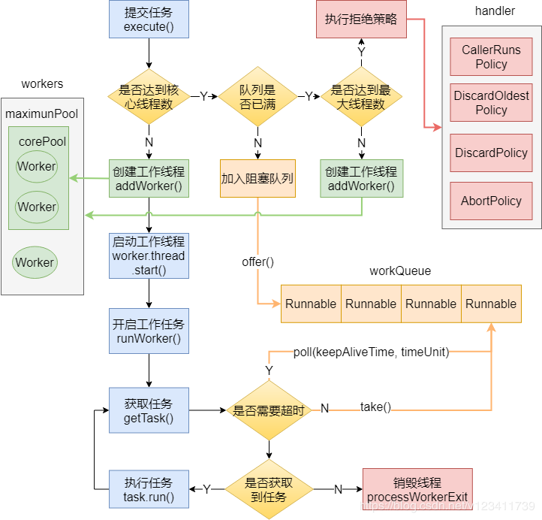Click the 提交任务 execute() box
(x=148, y=20)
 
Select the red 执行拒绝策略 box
(x=360, y=20)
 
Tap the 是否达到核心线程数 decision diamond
(x=148, y=97)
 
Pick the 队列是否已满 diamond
(x=257, y=97)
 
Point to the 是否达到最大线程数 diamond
(x=361, y=97)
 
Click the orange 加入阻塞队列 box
(x=257, y=179)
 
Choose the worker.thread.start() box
(x=148, y=255)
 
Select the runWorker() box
(x=148, y=331)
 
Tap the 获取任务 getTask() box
(x=148, y=411)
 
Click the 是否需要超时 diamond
(x=269, y=410)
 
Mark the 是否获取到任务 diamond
(x=269, y=489)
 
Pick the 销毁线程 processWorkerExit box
(x=417, y=489)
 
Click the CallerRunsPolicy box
(x=491, y=57)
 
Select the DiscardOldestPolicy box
(x=491, y=103)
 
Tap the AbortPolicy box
(x=491, y=201)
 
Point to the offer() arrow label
(x=257, y=262)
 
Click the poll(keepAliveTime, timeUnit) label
(x=371, y=352)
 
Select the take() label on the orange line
(x=375, y=407)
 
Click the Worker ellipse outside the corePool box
(x=35, y=262)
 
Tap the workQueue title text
(x=400, y=271)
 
